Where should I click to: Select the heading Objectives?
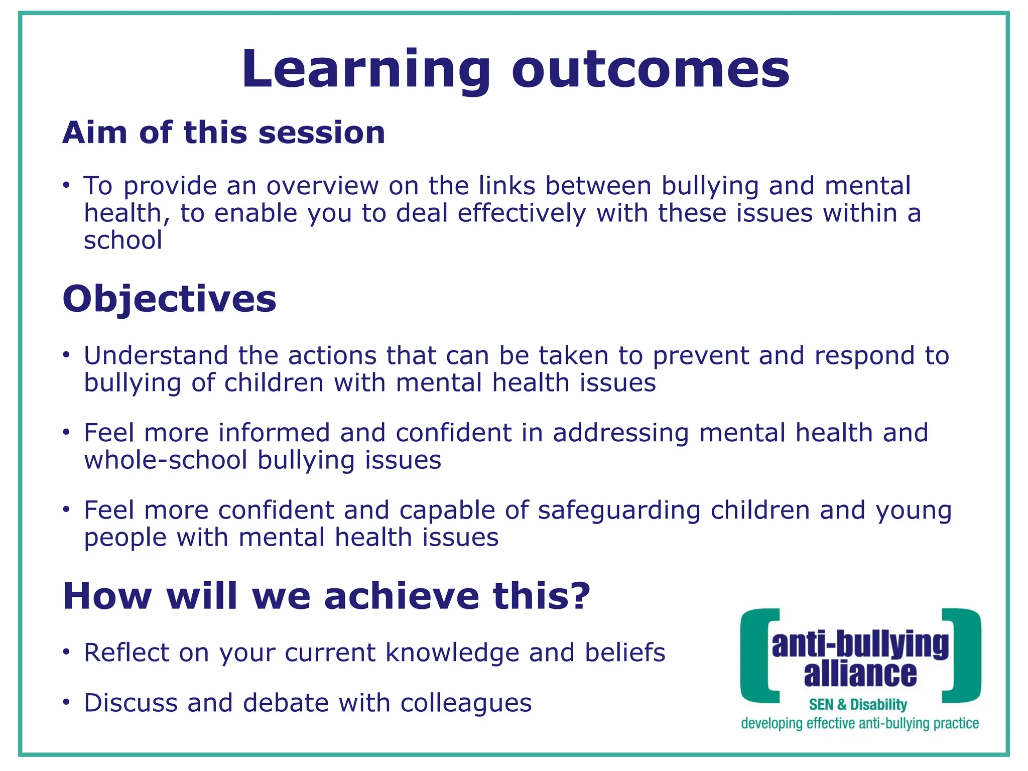pos(169,299)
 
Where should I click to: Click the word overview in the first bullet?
pos(322,186)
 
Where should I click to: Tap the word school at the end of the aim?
pos(123,240)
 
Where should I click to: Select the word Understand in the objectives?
pos(156,355)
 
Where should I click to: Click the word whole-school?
pos(166,460)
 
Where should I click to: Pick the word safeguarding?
pos(619,510)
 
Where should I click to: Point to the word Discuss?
pos(131,703)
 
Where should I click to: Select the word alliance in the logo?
pos(860,674)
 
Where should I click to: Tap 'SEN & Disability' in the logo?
pos(858,705)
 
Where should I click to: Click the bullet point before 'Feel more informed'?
pos(66,432)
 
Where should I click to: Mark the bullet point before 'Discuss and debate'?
pos(66,703)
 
